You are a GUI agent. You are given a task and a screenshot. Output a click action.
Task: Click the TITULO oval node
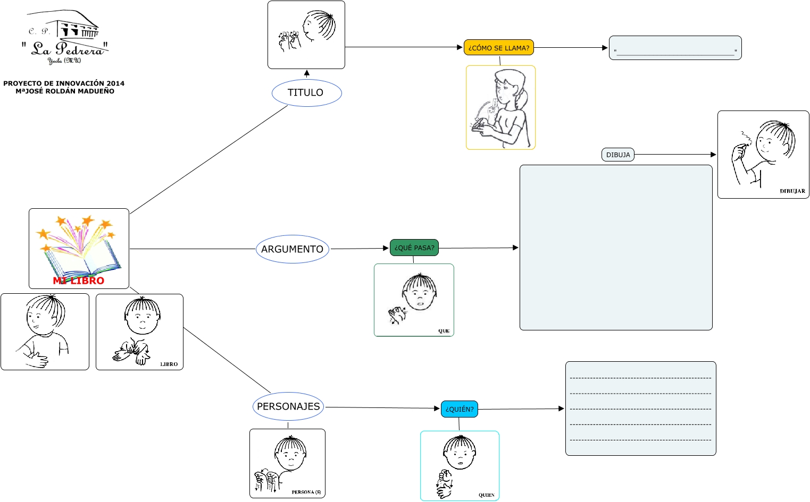(x=306, y=93)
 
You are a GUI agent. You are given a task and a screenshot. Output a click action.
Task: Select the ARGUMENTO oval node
(x=293, y=249)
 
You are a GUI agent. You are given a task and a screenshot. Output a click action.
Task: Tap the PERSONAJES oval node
(x=288, y=406)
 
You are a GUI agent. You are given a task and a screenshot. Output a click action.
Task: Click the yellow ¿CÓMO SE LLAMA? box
(x=498, y=48)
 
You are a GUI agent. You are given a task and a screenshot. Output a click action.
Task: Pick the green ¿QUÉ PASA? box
(x=414, y=248)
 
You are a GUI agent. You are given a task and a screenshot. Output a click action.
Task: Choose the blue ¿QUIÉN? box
(x=460, y=409)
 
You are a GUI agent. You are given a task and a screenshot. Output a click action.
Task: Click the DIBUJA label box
(x=618, y=155)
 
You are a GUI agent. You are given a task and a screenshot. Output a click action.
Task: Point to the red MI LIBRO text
(x=79, y=281)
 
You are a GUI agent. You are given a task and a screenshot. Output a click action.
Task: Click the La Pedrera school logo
(x=65, y=37)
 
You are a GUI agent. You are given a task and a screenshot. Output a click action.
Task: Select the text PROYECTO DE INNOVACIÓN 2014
(x=64, y=83)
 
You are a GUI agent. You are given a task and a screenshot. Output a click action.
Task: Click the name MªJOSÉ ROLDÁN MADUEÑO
(x=65, y=91)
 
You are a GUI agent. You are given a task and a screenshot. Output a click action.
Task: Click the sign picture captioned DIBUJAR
(x=763, y=155)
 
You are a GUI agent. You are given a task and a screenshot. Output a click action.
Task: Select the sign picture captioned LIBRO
(x=139, y=332)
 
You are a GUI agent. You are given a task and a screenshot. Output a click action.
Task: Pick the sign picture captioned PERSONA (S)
(x=287, y=463)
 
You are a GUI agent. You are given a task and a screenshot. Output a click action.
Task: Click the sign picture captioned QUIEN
(x=460, y=465)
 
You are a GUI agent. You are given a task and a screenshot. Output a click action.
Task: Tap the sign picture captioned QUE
(x=414, y=300)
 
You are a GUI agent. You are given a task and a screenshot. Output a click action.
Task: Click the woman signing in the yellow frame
(x=500, y=107)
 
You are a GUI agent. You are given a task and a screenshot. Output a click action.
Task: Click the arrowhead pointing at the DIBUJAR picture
(x=713, y=155)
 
